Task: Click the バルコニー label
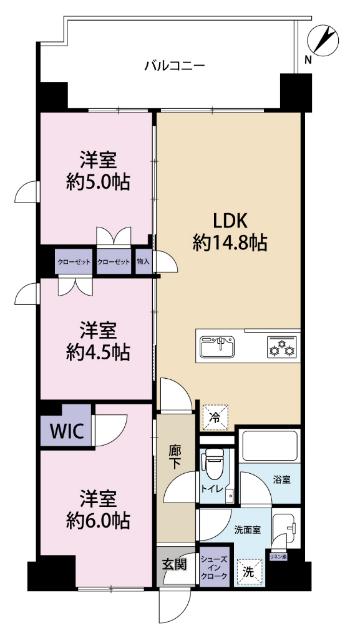pyautogui.click(x=174, y=66)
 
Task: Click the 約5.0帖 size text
pyautogui.click(x=98, y=181)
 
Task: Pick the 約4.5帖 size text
pyautogui.click(x=98, y=351)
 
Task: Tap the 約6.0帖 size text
pyautogui.click(x=98, y=521)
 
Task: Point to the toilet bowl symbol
pyautogui.click(x=213, y=464)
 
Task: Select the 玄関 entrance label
pyautogui.click(x=172, y=565)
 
